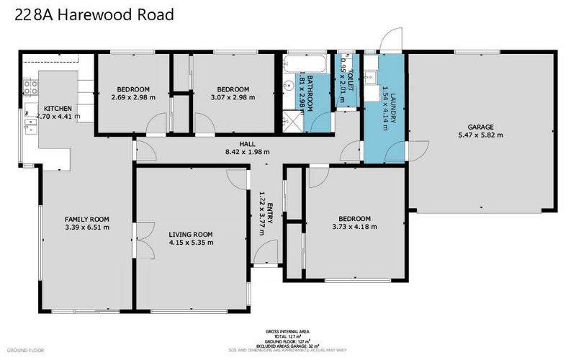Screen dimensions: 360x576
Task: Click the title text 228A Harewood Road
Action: (x=93, y=15)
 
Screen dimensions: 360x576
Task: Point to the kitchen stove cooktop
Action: (x=30, y=89)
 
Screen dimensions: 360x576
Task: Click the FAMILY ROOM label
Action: (x=86, y=219)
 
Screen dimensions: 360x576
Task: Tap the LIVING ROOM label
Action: (x=191, y=234)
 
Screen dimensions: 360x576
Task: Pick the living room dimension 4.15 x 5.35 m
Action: (x=191, y=243)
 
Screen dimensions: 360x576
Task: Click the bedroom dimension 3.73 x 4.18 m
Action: (x=353, y=228)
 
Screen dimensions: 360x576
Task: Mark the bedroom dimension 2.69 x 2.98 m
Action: (x=134, y=98)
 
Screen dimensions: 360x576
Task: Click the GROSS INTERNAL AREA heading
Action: (x=288, y=332)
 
